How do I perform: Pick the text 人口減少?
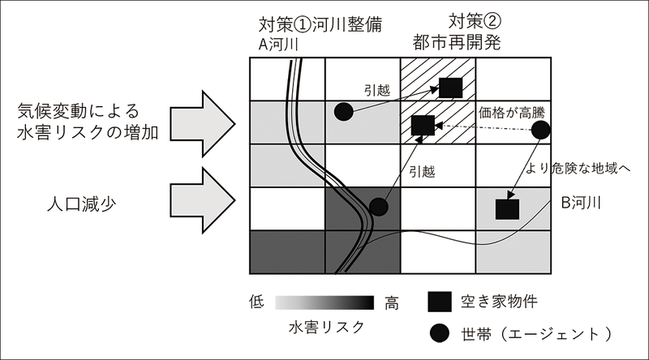tap(77, 204)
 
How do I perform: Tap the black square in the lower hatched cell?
tap(422, 126)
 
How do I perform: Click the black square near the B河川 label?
tap(507, 208)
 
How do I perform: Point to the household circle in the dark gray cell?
tap(377, 207)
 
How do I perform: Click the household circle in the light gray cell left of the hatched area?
tap(343, 111)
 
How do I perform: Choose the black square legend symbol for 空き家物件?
tap(439, 302)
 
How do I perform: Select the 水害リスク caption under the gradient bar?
tap(325, 326)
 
